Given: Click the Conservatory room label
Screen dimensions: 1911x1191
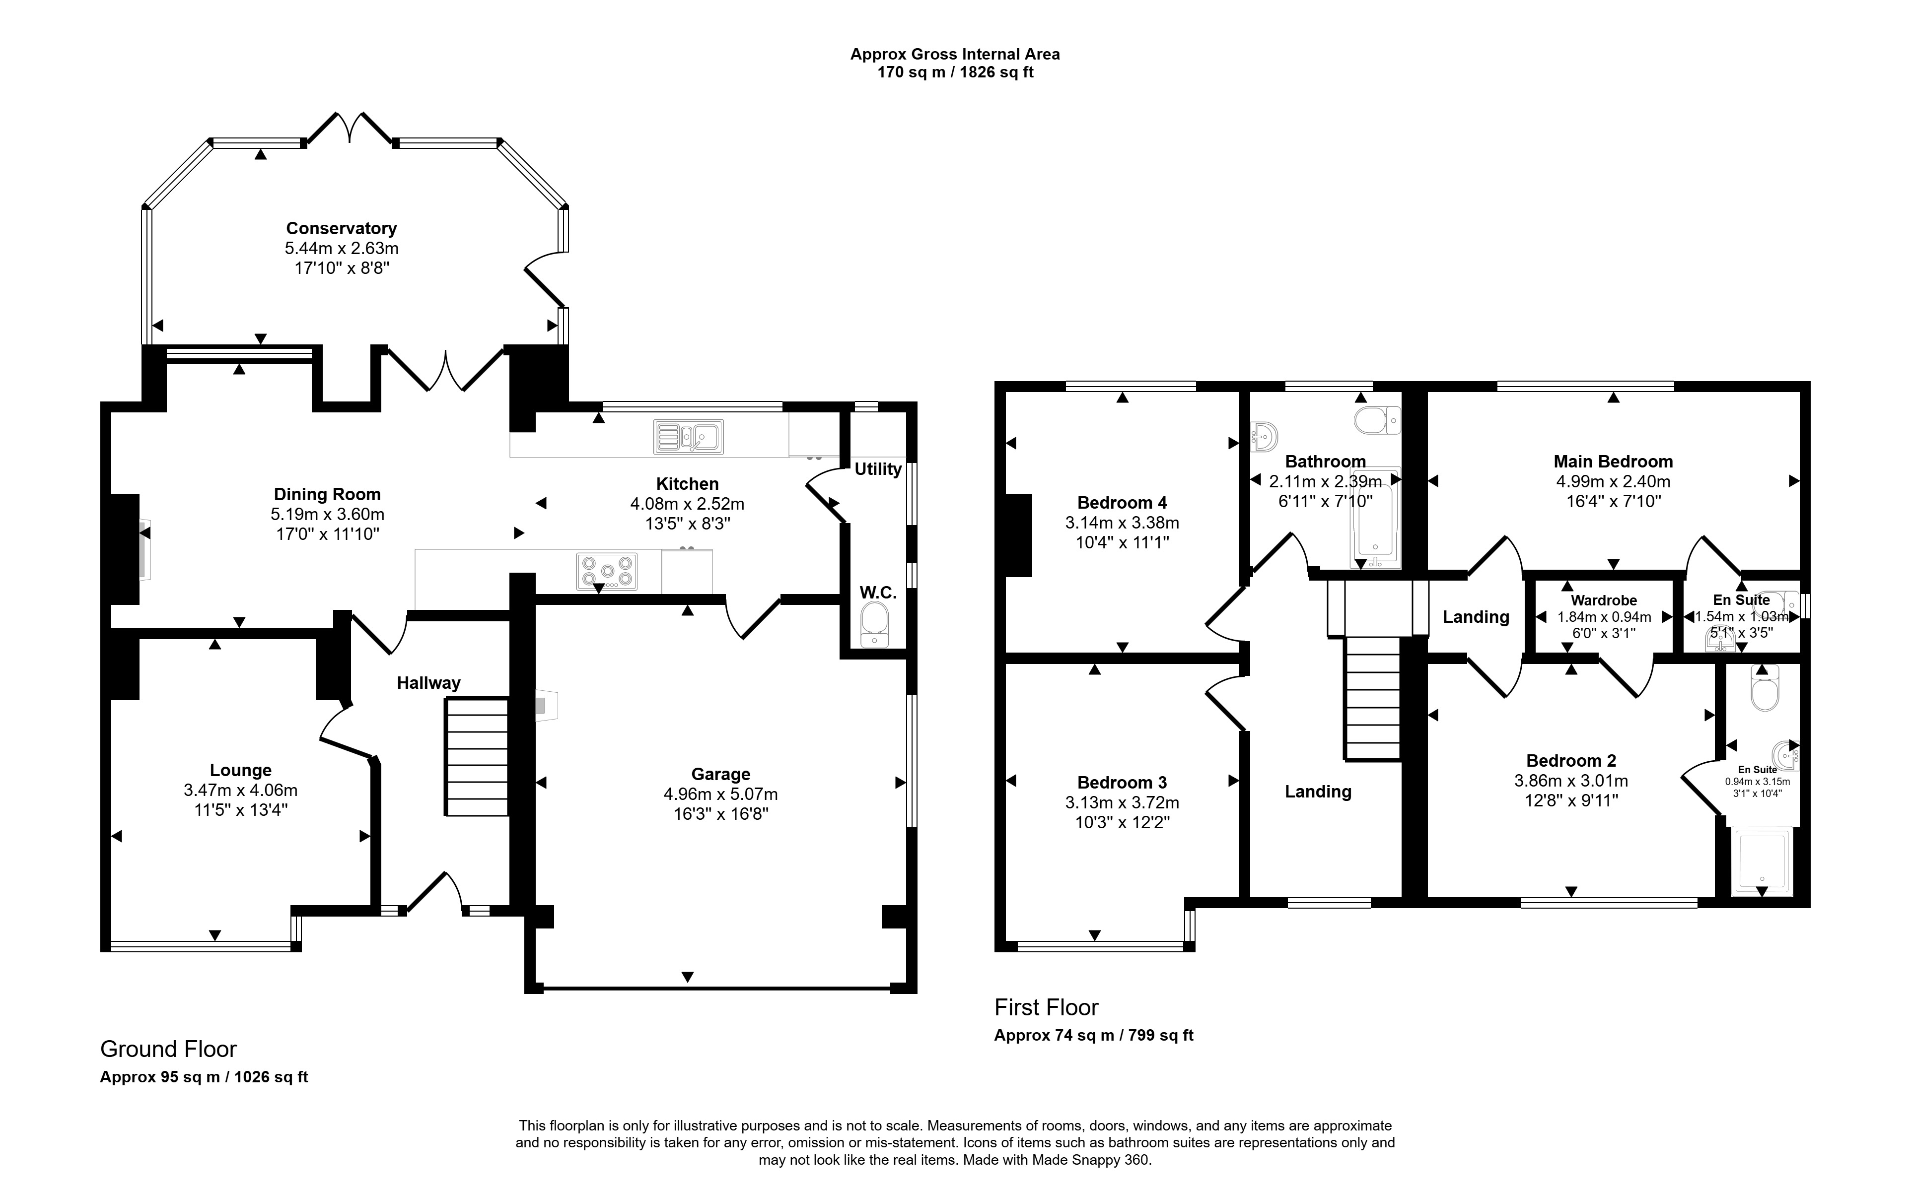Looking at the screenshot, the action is (341, 228).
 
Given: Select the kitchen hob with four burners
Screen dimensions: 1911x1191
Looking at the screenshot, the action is (607, 571).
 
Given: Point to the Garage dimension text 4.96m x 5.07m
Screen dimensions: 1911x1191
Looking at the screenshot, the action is (720, 794).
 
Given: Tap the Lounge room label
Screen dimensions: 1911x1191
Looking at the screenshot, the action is (240, 770).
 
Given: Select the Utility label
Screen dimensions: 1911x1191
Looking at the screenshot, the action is (878, 469).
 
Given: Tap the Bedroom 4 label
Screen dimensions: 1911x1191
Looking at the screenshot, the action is (1122, 503).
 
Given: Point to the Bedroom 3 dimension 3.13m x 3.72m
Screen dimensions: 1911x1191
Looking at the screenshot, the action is (1122, 802).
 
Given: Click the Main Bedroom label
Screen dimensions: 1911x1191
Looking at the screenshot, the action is (1613, 462).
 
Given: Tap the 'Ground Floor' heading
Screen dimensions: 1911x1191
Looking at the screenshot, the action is (168, 1049).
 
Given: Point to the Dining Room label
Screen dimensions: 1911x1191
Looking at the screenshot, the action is (327, 495).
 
